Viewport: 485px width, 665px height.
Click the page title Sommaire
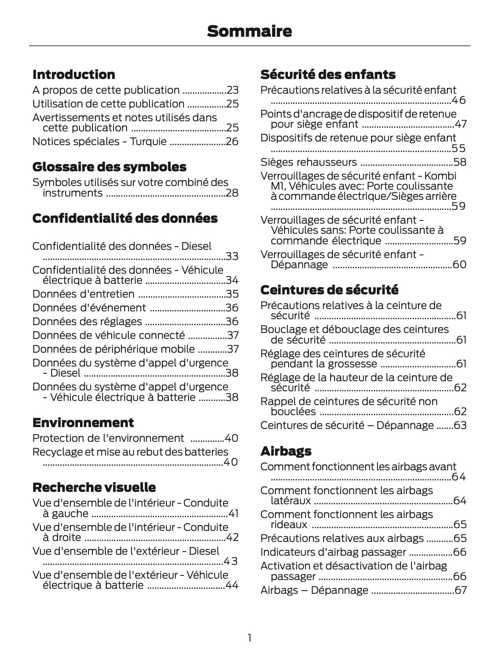coord(249,31)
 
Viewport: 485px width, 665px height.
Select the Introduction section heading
coord(74,74)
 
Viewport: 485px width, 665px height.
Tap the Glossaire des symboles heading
coord(109,167)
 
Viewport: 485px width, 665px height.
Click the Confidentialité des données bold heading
coord(125,218)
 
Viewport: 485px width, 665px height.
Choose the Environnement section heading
coord(83,423)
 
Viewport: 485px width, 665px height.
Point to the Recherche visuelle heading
coord(94,487)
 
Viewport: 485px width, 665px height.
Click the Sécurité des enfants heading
coord(328,74)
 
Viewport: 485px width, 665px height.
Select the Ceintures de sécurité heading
coord(329,290)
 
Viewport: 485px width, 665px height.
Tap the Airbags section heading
coord(286,451)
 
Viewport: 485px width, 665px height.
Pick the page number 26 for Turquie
coord(232,141)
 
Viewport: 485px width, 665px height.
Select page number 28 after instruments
coord(232,193)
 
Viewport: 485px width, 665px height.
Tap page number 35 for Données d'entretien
coord(232,294)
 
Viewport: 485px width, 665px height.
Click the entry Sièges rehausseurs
coord(308,162)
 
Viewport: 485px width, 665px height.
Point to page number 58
coord(460,162)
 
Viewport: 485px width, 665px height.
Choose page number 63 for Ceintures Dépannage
coord(460,425)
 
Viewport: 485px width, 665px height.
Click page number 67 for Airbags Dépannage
coord(460,590)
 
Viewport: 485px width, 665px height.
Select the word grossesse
coord(350,364)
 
